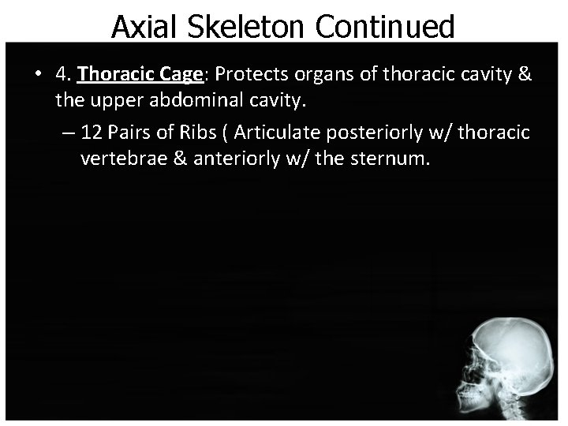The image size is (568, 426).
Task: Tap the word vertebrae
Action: pos(123,159)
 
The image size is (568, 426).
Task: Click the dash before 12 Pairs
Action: pos(67,133)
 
